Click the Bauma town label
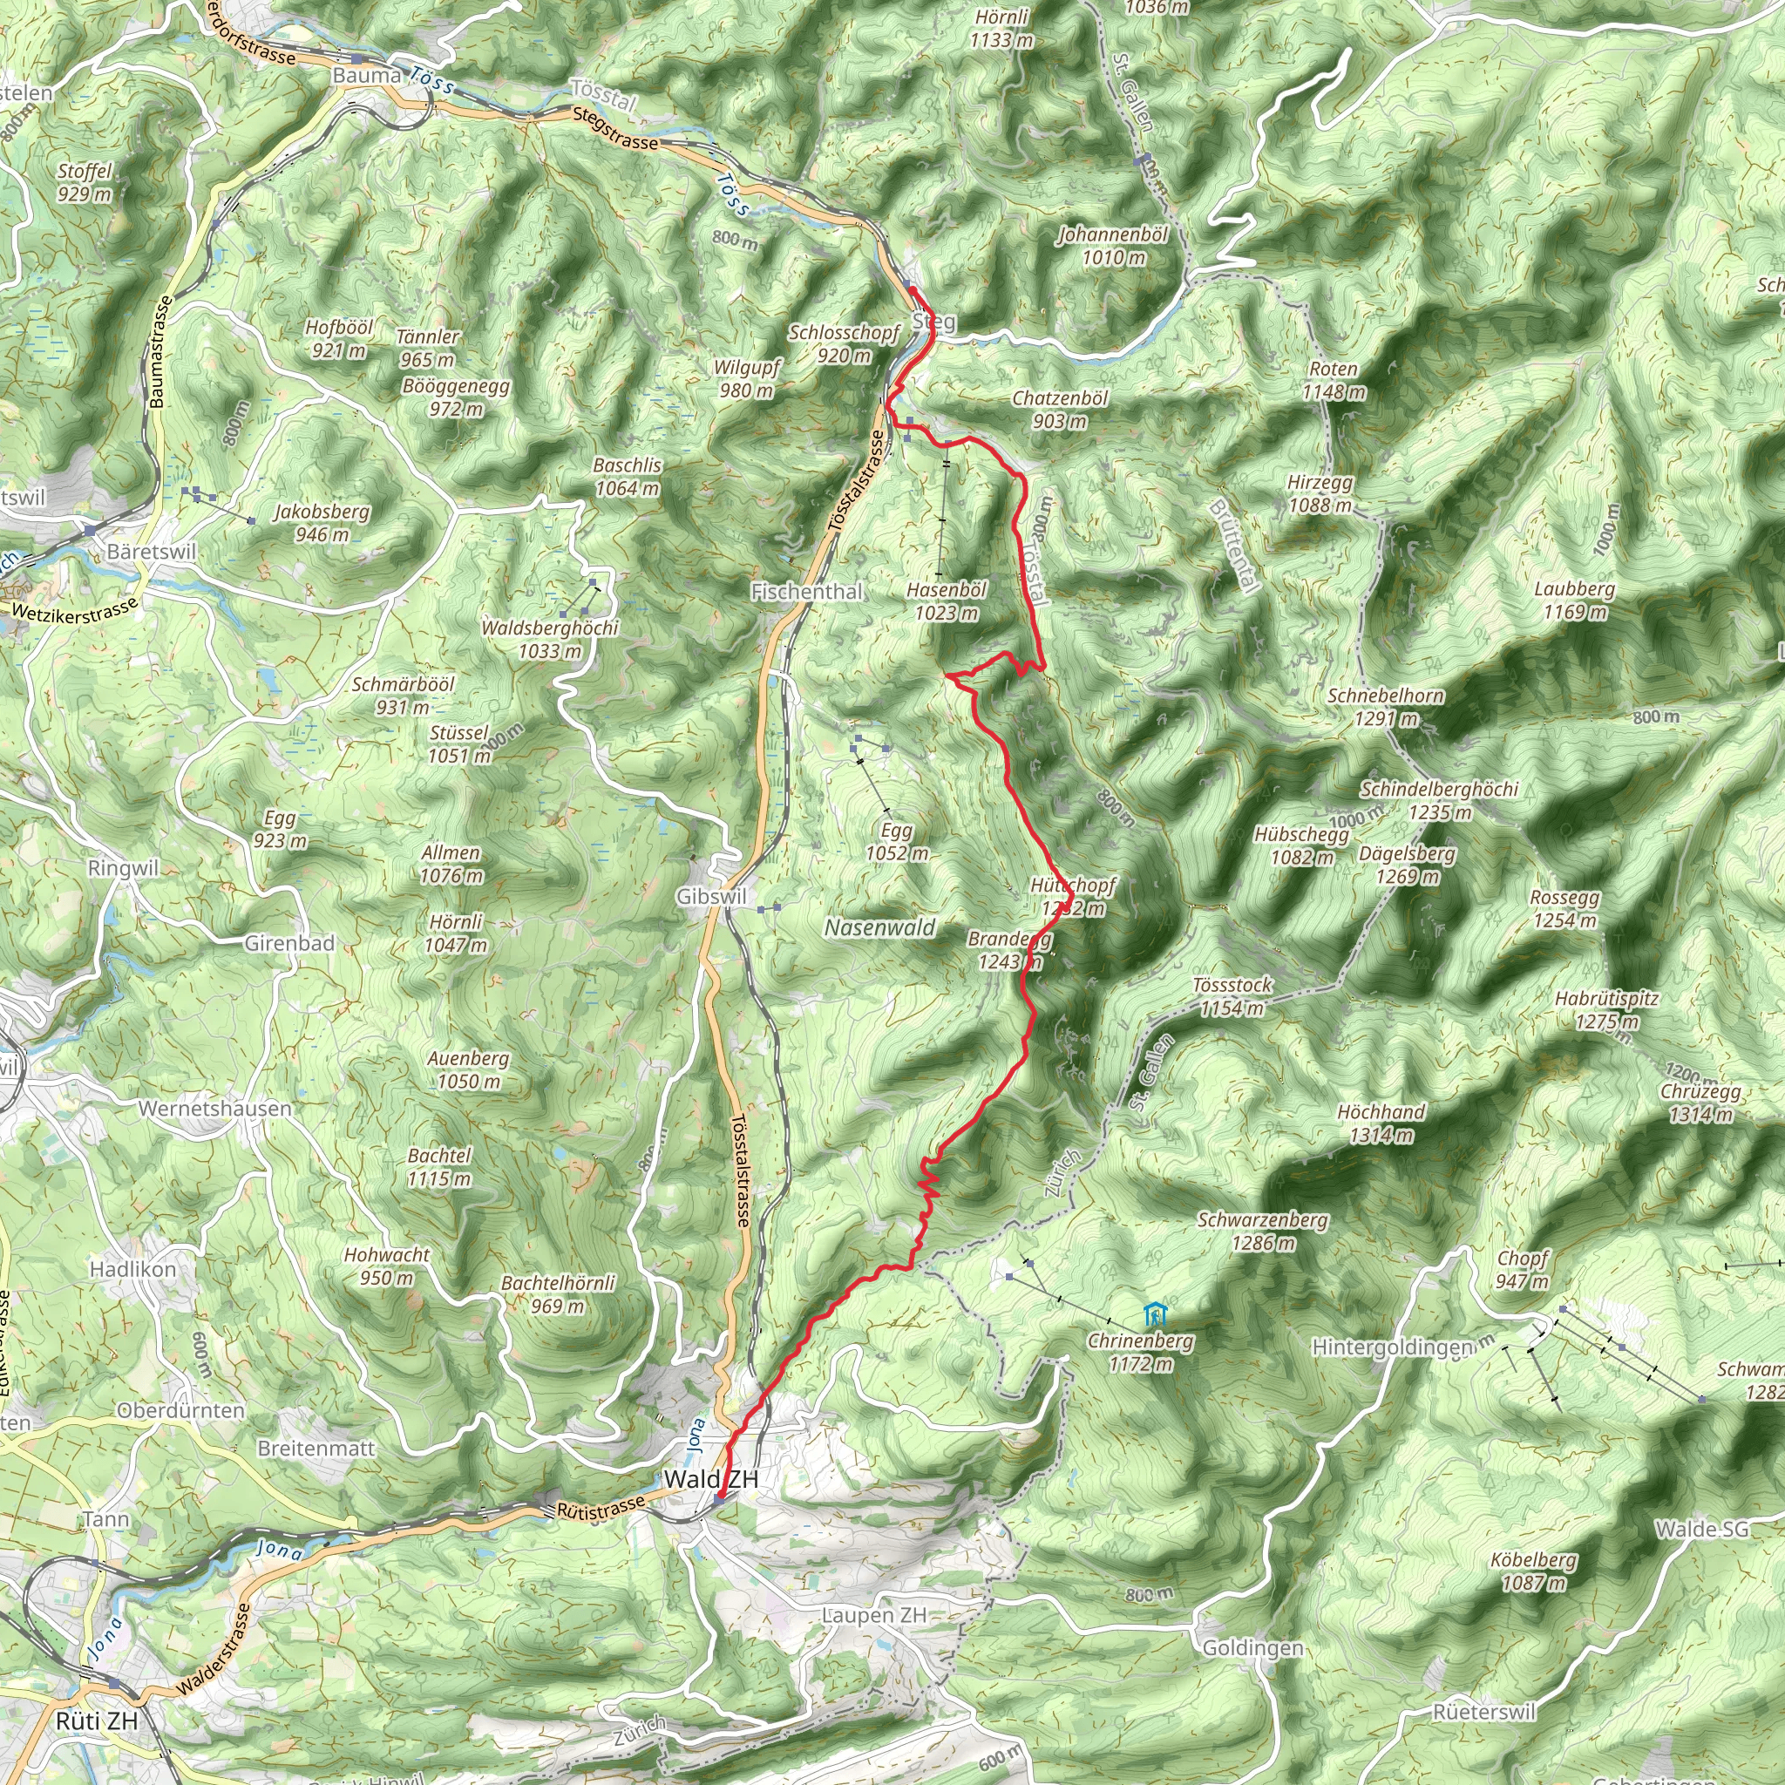coord(367,76)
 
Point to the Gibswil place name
coord(710,896)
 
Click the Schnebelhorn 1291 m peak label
coord(1385,707)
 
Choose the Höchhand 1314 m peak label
coord(1381,1123)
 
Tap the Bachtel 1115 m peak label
coord(440,1167)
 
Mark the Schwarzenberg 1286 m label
coord(1262,1232)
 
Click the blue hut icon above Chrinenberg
coord(1153,1313)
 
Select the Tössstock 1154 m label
coord(1232,997)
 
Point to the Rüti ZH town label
coord(96,1721)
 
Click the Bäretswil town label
coord(152,552)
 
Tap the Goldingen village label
coord(1252,1648)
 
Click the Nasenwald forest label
coord(880,927)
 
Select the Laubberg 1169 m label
coord(1574,601)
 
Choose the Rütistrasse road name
coord(601,1510)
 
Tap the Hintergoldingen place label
coord(1392,1348)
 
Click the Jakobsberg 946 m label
coord(322,523)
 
